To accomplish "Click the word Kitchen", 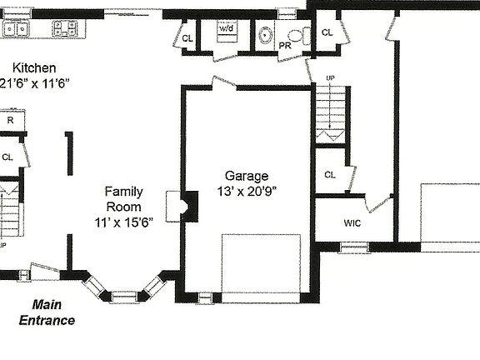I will [x=34, y=67].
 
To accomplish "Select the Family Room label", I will [x=123, y=198].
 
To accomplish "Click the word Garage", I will [x=247, y=176].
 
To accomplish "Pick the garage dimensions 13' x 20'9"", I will [x=247, y=191].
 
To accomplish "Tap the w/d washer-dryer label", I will [x=227, y=28].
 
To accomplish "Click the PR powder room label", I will [x=285, y=45].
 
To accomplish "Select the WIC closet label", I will [x=352, y=223].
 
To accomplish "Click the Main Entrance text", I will [x=47, y=312].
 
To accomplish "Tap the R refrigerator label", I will [x=11, y=120].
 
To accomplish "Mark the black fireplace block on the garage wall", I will [x=190, y=206].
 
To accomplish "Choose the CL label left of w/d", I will [x=187, y=37].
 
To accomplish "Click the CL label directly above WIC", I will [x=329, y=174].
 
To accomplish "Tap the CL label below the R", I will [x=7, y=156].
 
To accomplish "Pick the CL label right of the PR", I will [x=327, y=32].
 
